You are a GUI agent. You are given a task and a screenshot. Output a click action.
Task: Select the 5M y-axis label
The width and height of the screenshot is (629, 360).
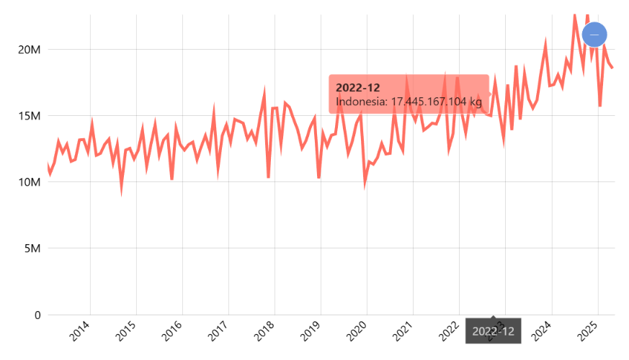pos(32,248)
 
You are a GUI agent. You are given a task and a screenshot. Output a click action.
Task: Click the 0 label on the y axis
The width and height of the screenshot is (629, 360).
pos(35,315)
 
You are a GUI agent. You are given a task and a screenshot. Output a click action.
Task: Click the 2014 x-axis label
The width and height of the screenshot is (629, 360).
pos(81,332)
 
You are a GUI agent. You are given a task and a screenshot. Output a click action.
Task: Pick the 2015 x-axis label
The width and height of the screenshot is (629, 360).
pos(127,332)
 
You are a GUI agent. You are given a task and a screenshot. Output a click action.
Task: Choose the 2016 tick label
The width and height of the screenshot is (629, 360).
pos(173,332)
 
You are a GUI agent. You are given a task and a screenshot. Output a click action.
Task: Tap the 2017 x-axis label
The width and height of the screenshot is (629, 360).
pos(219,332)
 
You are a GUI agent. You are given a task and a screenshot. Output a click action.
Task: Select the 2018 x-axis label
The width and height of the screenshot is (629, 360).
pos(265,332)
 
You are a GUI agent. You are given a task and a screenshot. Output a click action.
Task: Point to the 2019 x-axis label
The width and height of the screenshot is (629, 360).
pos(311,332)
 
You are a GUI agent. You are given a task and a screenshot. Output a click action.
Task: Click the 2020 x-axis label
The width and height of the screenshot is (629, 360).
pos(357,332)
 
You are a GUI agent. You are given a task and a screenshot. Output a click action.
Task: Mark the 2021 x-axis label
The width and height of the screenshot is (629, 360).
pos(403,332)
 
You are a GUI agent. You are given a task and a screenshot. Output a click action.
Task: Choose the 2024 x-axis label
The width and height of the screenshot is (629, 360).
pos(542,332)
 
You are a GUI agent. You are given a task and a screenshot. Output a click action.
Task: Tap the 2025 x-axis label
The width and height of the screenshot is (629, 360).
pos(588,332)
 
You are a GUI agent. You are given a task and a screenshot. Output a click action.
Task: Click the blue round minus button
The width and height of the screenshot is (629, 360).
pos(594,34)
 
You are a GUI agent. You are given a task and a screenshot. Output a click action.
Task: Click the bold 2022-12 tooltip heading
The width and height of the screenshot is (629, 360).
pos(357,87)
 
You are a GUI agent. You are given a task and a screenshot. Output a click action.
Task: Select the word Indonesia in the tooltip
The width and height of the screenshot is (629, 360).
pos(361,102)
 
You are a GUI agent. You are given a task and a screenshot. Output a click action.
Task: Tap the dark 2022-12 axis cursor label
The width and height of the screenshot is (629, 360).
pos(494,331)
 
